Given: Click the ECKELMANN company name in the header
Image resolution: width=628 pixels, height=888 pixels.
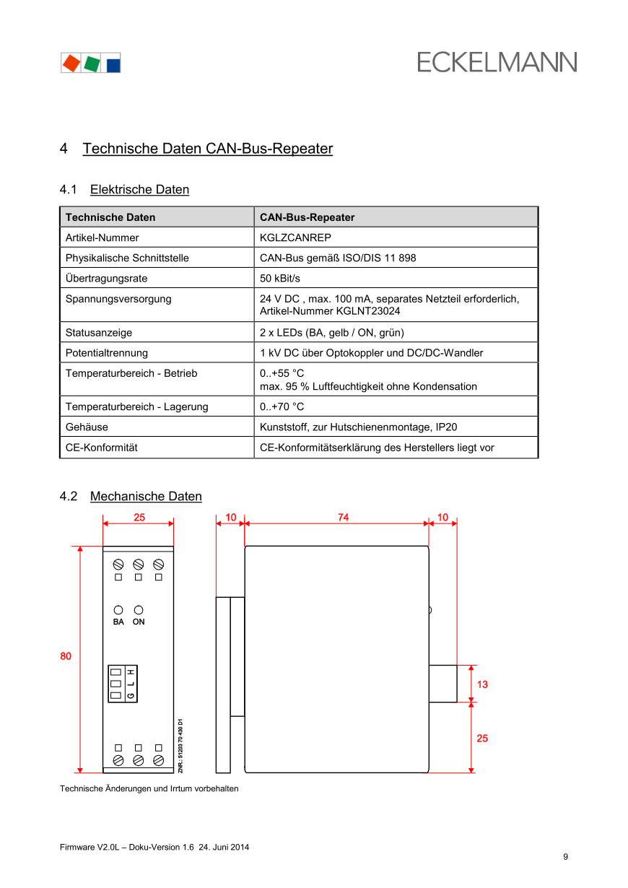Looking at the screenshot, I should point(497,62).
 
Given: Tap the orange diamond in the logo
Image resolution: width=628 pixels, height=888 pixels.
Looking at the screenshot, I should point(71,63).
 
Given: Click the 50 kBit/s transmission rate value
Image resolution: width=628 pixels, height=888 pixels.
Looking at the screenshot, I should point(279,278).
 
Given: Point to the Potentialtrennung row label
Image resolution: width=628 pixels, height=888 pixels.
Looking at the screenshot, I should point(106,353).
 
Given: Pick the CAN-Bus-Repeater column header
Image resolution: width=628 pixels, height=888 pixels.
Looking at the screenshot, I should point(307,217).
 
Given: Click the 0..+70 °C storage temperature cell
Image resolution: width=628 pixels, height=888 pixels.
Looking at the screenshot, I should point(282,406).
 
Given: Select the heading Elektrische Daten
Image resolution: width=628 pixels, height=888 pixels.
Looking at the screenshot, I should point(139,190).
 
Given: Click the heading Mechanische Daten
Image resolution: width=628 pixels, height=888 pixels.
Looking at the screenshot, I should point(146,497).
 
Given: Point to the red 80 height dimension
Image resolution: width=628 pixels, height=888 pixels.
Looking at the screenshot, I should point(66,656).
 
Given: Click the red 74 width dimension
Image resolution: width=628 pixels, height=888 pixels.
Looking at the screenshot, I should point(343,518).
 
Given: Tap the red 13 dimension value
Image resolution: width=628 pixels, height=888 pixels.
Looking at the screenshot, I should point(482,684).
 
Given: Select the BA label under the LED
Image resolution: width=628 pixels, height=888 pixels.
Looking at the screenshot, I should point(118,622).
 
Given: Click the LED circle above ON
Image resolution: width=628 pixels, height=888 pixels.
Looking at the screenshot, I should point(139,610).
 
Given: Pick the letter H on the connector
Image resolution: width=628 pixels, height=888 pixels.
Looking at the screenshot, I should point(131,672).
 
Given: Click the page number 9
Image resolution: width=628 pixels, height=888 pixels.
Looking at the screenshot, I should point(566,857).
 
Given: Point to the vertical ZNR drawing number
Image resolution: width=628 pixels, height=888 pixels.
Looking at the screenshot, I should point(180,746).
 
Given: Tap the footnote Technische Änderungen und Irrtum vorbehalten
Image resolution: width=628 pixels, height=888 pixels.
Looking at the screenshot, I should point(149,788).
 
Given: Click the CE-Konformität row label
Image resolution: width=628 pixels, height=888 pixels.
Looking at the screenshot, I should point(101,448).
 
